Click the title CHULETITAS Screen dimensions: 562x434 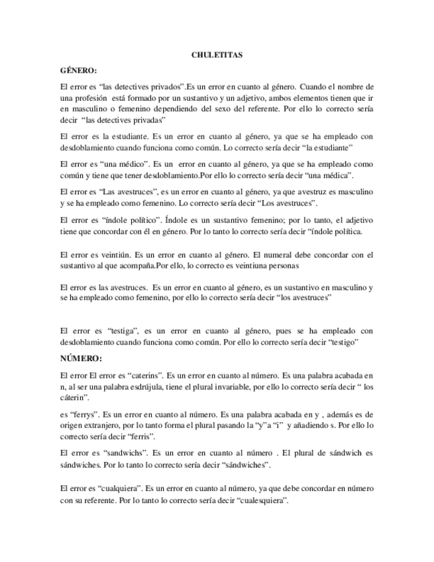[x=217, y=56]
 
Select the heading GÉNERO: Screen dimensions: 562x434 [x=78, y=70]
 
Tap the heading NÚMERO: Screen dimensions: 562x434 [x=81, y=358]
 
